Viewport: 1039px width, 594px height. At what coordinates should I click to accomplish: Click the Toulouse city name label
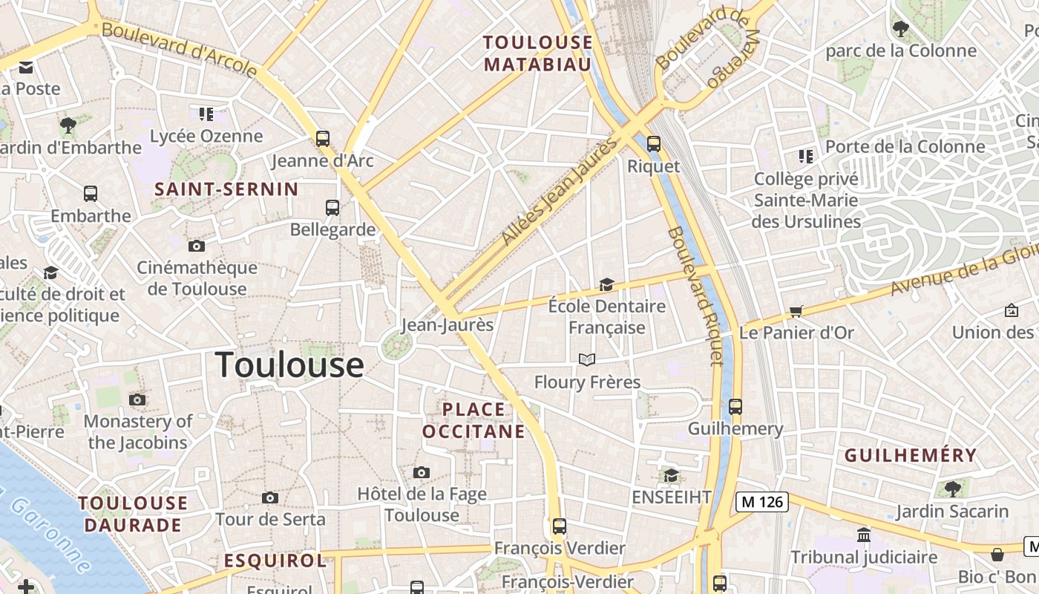(289, 365)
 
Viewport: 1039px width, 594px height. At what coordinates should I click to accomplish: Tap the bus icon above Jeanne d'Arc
(323, 138)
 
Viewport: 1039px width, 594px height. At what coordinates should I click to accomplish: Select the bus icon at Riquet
(654, 144)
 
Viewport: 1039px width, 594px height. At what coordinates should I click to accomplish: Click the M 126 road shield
(762, 502)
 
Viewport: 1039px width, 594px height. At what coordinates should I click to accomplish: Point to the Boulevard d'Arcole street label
(179, 50)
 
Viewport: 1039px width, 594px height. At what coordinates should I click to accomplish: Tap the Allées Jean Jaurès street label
(560, 191)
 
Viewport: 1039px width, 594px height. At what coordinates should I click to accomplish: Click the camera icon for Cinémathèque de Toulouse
(197, 246)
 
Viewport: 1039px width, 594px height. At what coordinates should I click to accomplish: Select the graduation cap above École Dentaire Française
(606, 284)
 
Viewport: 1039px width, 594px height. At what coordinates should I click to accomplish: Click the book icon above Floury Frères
(587, 360)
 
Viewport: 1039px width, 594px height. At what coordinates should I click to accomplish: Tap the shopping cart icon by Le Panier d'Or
(796, 311)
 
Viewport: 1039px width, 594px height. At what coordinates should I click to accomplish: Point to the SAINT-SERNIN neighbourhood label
(226, 189)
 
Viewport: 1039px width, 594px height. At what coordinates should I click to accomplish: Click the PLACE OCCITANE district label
(473, 420)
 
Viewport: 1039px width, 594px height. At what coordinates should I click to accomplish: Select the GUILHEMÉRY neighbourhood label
(911, 455)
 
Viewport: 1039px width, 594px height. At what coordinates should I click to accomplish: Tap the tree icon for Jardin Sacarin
(952, 489)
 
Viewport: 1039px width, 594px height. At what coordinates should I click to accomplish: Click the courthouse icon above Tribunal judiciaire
(864, 535)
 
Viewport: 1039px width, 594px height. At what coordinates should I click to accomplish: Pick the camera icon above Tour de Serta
(270, 497)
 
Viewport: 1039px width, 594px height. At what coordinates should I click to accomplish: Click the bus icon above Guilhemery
(735, 407)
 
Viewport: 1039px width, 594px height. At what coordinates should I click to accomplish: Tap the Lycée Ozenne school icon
(206, 114)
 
